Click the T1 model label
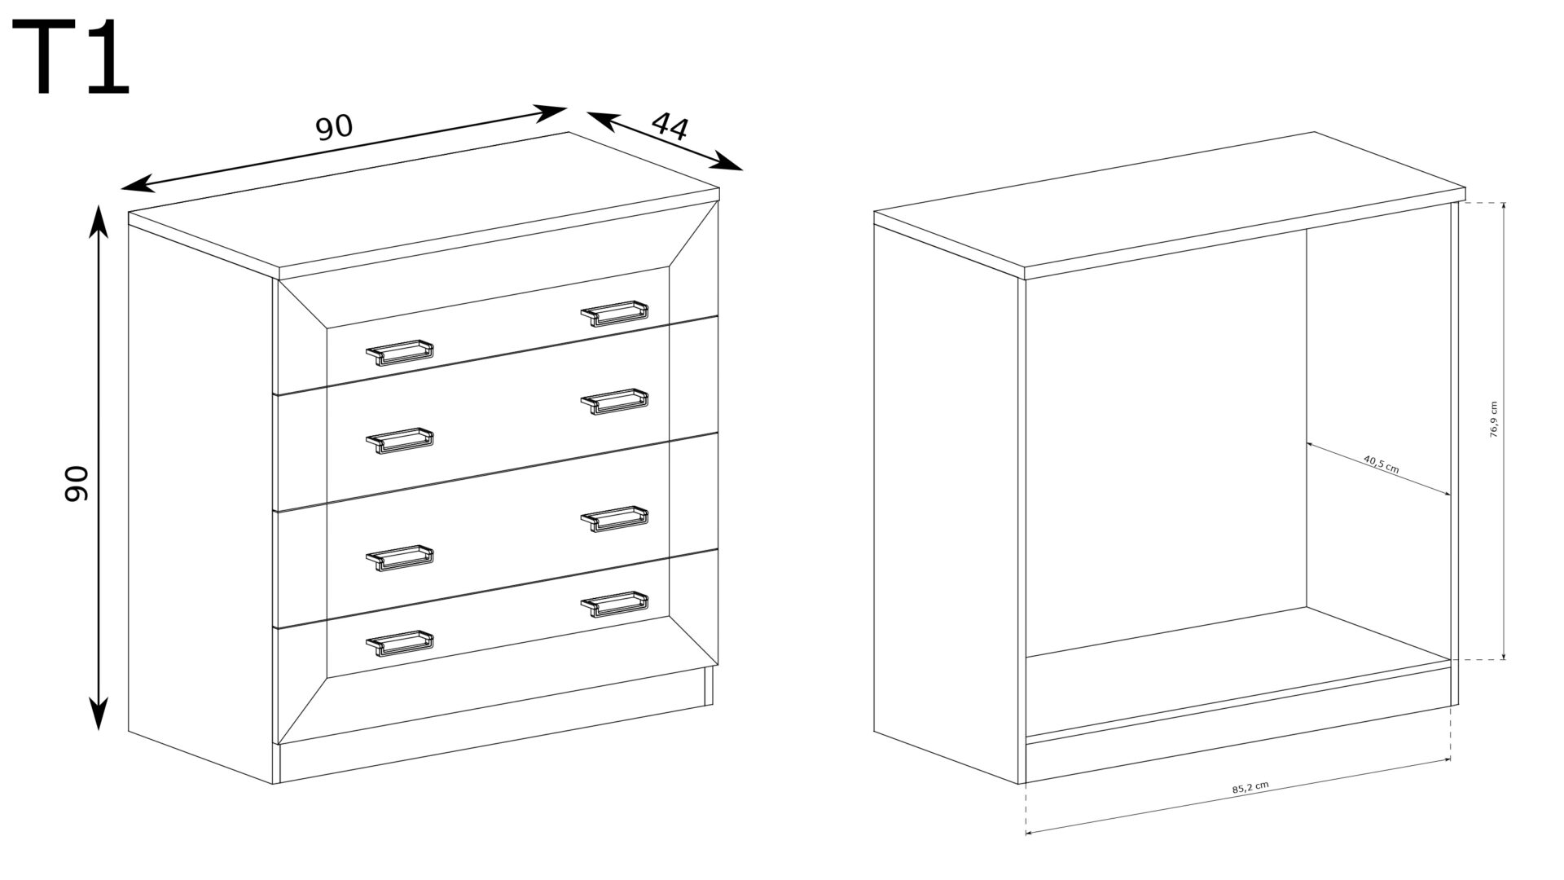coord(72,59)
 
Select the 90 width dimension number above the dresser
coord(334,127)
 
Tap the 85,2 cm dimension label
coord(1250,788)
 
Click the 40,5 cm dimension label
coord(1381,464)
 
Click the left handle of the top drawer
coord(399,352)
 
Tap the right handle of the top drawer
coord(615,314)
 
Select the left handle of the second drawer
coord(399,441)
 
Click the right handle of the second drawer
coord(615,402)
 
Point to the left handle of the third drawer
coord(399,558)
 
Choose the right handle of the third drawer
coord(615,519)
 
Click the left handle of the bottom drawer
coord(399,643)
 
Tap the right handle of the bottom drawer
coord(615,604)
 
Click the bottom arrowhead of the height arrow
coord(99,715)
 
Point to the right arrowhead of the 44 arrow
coord(729,162)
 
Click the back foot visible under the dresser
coord(708,686)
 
